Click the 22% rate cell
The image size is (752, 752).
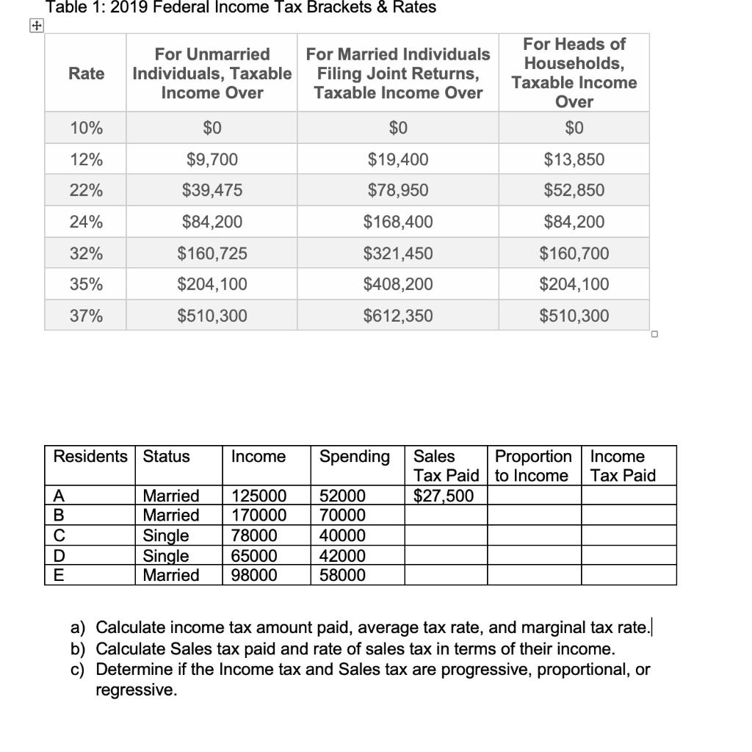click(86, 190)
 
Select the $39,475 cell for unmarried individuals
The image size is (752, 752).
click(211, 190)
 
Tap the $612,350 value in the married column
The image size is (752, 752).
click(397, 316)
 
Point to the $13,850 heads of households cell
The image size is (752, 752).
click(574, 159)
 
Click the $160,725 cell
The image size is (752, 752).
click(211, 253)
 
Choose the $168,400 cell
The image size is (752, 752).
click(397, 222)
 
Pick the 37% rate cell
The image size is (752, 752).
click(86, 316)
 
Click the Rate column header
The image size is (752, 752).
click(86, 73)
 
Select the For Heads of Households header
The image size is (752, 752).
click(574, 73)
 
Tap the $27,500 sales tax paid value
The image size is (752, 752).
click(444, 496)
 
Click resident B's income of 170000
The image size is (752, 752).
click(258, 515)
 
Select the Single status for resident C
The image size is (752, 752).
click(165, 535)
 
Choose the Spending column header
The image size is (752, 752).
click(354, 457)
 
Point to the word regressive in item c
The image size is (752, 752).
click(136, 690)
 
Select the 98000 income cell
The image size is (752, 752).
click(254, 575)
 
